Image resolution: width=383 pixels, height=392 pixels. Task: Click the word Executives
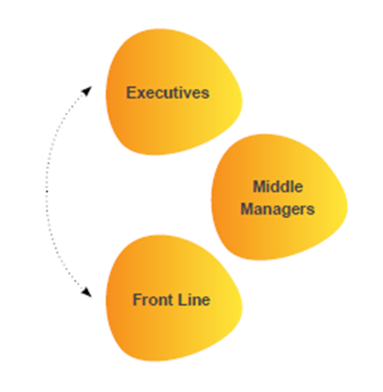[x=169, y=93]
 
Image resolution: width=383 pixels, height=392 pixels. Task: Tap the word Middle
[x=278, y=186]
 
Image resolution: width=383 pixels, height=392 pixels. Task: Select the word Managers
[x=278, y=209]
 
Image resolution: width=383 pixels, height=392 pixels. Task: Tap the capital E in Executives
[x=132, y=93]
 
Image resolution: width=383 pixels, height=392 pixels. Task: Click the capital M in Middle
[x=257, y=186]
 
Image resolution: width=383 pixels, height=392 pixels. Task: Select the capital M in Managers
[x=245, y=209]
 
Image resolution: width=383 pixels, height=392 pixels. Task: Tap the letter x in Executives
[x=140, y=93]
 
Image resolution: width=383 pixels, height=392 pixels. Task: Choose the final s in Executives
[x=206, y=93]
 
